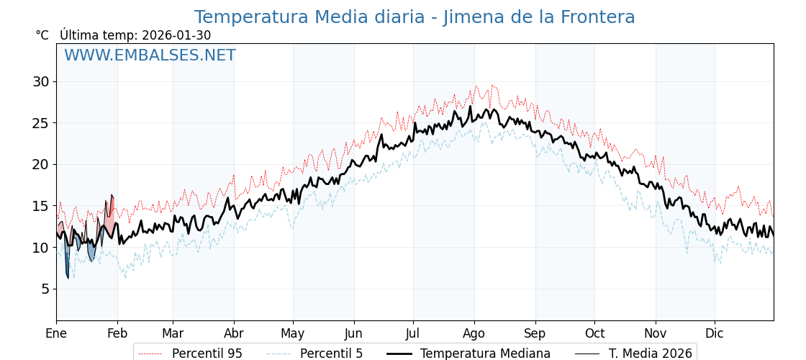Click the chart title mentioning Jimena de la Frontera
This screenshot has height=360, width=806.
click(x=415, y=17)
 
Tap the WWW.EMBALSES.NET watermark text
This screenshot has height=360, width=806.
click(x=150, y=55)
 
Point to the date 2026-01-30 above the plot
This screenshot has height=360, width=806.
click(x=176, y=35)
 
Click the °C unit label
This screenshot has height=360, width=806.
click(x=42, y=35)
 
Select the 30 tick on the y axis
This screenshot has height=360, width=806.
click(x=40, y=81)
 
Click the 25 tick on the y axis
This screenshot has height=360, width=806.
click(x=40, y=123)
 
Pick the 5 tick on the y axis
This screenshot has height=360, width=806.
click(x=45, y=289)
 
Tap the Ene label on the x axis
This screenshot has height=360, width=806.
click(x=56, y=333)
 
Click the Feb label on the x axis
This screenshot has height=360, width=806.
click(x=117, y=333)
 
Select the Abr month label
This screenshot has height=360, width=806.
click(x=234, y=333)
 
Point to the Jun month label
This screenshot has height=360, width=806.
click(x=353, y=333)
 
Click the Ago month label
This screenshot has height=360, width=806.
click(x=474, y=333)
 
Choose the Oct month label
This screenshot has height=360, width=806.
click(x=594, y=333)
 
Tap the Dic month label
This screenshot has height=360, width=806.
click(x=715, y=333)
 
